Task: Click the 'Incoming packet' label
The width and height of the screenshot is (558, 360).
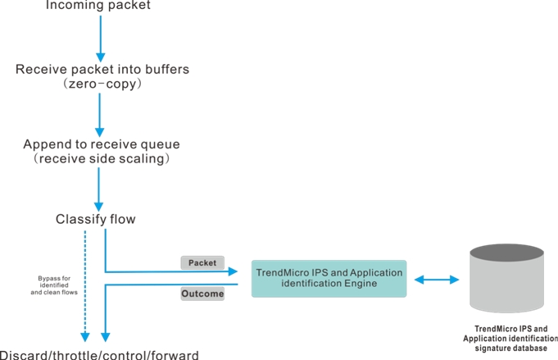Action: [x=98, y=5]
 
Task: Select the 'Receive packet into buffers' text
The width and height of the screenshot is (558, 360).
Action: [x=102, y=69]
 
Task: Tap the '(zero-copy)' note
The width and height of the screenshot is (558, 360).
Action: [x=102, y=84]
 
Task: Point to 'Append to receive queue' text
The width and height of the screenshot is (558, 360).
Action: [x=102, y=144]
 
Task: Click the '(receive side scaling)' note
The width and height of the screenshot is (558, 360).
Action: [x=102, y=158]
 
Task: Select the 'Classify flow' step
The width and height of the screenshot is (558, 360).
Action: [x=95, y=219]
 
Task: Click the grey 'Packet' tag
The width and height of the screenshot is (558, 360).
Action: [x=202, y=262]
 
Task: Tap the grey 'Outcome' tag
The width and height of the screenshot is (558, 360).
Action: [x=202, y=294]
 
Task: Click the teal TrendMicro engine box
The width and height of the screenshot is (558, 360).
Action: [x=329, y=279]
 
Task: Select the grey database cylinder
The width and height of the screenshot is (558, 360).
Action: [x=506, y=278]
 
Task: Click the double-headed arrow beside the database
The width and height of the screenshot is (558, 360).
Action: [x=437, y=280]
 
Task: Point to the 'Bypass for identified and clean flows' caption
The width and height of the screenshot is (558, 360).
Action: [x=54, y=285]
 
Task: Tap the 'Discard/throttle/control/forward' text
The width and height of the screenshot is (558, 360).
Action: [x=99, y=354]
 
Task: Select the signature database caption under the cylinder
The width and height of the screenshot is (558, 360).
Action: [x=510, y=339]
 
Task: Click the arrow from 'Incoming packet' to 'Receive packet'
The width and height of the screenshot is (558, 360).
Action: [x=100, y=39]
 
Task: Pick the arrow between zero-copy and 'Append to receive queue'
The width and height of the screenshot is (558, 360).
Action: [x=100, y=115]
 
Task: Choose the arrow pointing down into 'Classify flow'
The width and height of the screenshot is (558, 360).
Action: [x=98, y=189]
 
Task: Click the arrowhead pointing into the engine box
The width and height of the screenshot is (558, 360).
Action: [x=233, y=271]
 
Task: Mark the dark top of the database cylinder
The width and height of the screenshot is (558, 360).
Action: [x=506, y=253]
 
